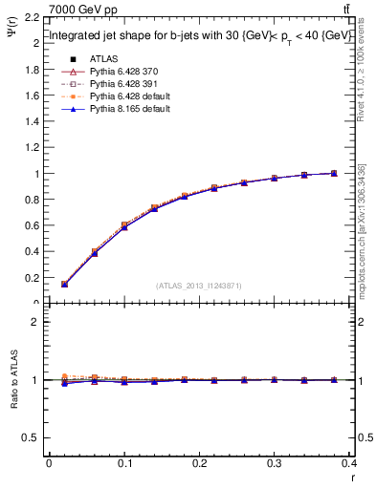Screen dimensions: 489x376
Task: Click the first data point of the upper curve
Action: [64, 284]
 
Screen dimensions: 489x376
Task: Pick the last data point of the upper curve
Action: [334, 173]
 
